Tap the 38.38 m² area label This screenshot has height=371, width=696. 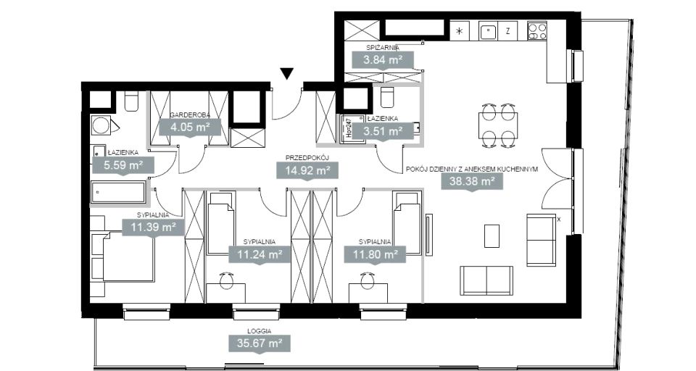[472, 181]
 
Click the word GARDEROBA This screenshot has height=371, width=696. [189, 115]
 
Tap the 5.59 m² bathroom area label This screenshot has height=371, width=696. [123, 165]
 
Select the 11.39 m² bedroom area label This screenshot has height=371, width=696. [153, 228]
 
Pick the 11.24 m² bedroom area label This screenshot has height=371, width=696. [260, 255]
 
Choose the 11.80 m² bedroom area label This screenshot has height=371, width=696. [375, 255]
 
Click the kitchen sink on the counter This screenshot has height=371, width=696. [487, 31]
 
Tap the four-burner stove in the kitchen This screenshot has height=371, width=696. [537, 31]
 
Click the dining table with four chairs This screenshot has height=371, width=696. [498, 125]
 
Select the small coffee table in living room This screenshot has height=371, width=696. [492, 235]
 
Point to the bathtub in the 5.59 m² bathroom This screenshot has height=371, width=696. [118, 193]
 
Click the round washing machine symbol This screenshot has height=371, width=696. [101, 125]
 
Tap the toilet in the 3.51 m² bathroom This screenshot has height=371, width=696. [387, 97]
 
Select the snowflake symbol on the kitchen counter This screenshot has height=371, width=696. [460, 31]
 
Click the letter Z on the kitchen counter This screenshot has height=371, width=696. [507, 31]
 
